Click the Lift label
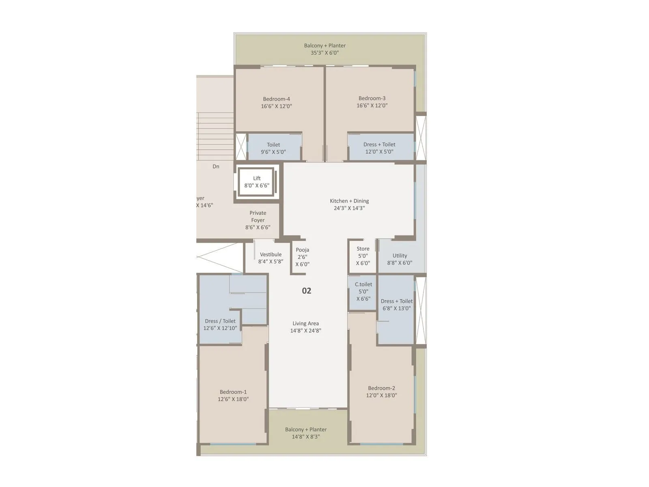[257, 178]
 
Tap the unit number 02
[307, 291]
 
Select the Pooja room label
[303, 250]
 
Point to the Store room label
[363, 249]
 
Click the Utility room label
[400, 256]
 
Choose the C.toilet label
[363, 284]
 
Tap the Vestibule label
[271, 254]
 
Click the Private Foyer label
[258, 216]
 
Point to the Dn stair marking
[216, 166]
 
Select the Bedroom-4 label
[276, 99]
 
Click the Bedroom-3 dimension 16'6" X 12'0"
[372, 106]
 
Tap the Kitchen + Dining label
[349, 201]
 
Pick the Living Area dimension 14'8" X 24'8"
[305, 331]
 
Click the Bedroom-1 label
[233, 392]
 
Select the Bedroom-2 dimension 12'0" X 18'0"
[381, 395]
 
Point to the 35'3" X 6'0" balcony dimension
[324, 53]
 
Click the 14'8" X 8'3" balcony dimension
[306, 437]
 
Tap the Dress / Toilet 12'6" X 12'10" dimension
[220, 328]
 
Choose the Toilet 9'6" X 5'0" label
[273, 145]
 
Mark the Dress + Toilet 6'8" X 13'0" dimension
[397, 308]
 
